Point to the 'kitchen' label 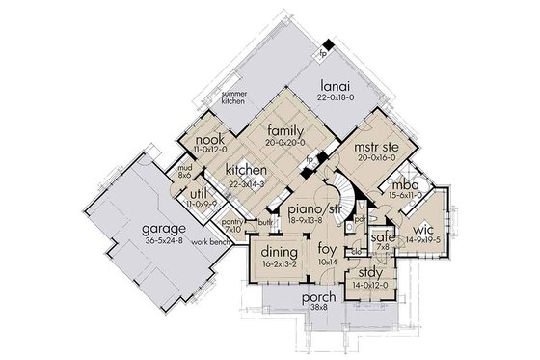(x=246, y=170)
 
